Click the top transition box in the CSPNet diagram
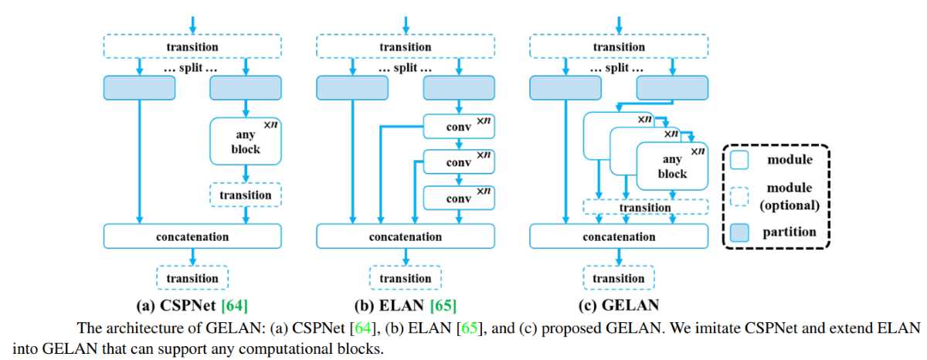(x=192, y=46)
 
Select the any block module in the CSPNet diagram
(x=245, y=142)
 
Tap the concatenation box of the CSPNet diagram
(x=192, y=236)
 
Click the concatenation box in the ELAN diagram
(x=406, y=236)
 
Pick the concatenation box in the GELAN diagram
(x=618, y=236)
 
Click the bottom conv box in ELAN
(x=459, y=199)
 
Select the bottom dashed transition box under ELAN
(x=406, y=278)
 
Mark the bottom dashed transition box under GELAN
(x=618, y=278)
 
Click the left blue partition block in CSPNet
(x=139, y=88)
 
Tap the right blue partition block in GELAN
(x=671, y=88)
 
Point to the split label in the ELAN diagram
(x=406, y=68)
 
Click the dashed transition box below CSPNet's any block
(x=245, y=195)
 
